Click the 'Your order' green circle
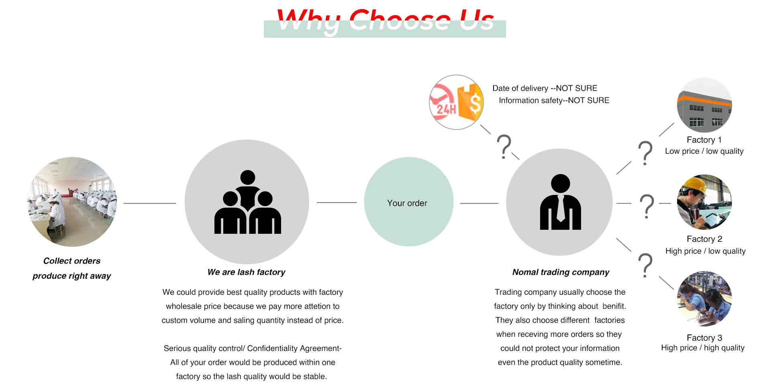(x=408, y=202)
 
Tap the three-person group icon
(x=247, y=202)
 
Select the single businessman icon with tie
(x=560, y=202)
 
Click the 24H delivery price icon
(x=456, y=102)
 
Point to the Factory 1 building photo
(x=704, y=105)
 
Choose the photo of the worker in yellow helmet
(x=704, y=202)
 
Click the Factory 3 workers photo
(x=704, y=299)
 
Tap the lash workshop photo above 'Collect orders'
(x=72, y=202)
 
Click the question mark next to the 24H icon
(x=504, y=147)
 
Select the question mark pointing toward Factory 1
(x=645, y=153)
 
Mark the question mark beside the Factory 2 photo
(x=647, y=206)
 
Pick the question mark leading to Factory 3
(x=645, y=265)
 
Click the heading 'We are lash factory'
(x=246, y=272)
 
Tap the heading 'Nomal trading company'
(x=561, y=272)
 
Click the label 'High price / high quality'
(x=703, y=348)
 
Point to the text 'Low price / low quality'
(x=704, y=151)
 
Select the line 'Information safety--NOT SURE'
(x=554, y=101)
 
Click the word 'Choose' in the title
(x=400, y=21)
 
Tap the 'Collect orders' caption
(x=72, y=261)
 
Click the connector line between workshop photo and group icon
(x=150, y=203)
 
